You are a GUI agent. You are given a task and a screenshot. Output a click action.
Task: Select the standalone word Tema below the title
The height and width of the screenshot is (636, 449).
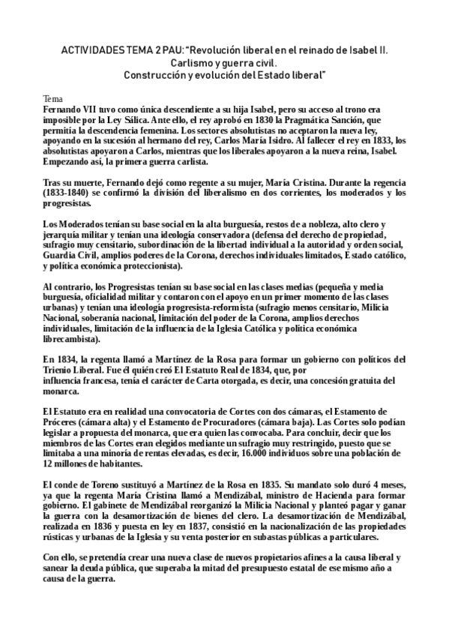(x=53, y=98)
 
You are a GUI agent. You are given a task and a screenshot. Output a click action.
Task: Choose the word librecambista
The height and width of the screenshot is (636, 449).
(x=75, y=339)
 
